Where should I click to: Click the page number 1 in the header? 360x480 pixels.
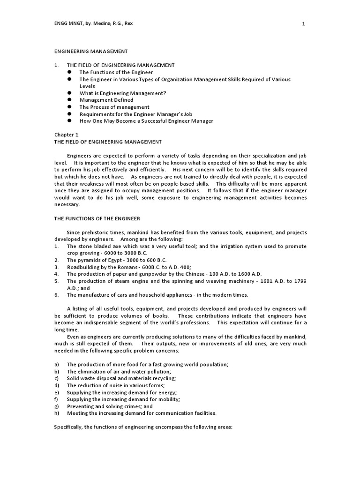303,25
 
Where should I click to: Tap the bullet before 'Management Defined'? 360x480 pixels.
69,100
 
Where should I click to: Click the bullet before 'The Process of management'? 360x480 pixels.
69,107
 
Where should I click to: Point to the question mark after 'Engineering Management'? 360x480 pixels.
165,93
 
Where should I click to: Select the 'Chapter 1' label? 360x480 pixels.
66,135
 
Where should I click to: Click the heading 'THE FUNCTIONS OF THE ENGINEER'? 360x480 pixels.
97,218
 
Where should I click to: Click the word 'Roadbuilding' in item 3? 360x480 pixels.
83,267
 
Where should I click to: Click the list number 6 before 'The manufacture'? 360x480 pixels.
56,295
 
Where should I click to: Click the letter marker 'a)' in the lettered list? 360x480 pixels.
57,364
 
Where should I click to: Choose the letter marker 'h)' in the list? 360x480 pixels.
57,413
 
